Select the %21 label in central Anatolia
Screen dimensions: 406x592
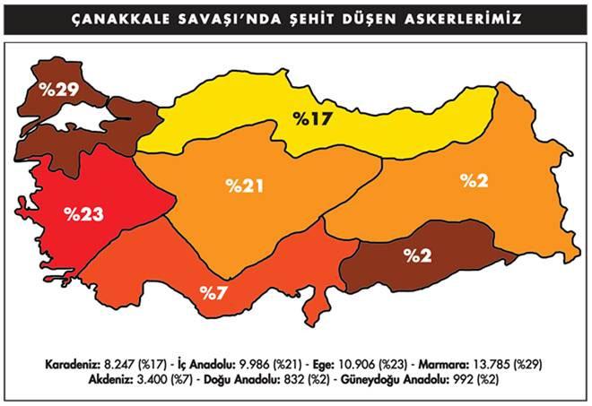coord(244,186)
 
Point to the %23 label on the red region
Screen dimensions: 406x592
coord(83,214)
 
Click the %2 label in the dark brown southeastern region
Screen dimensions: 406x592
coord(417,255)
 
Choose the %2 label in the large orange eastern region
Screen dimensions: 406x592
coord(474,180)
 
